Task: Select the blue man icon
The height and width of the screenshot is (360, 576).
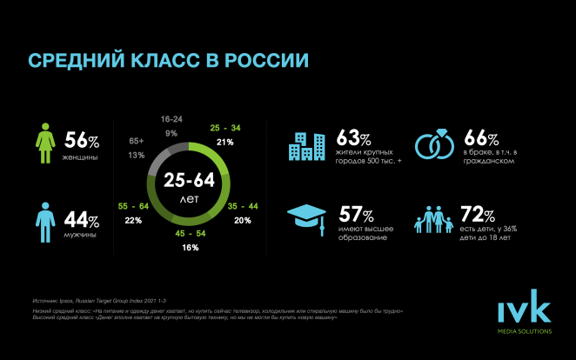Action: click(46, 220)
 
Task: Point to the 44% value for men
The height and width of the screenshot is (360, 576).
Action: click(82, 217)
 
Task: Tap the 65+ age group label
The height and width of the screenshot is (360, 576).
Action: click(137, 140)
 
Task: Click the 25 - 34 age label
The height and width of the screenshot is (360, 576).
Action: click(225, 128)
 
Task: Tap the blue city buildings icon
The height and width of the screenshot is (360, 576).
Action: click(308, 145)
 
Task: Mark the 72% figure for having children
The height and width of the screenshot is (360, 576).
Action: click(479, 213)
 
